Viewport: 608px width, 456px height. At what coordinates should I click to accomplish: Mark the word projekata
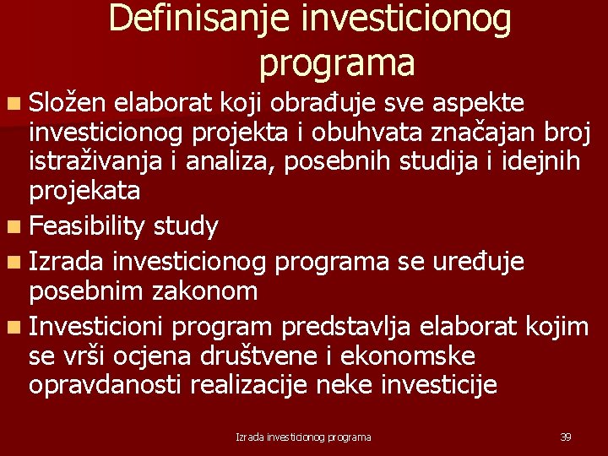(84, 191)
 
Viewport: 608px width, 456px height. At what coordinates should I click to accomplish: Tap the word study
(183, 226)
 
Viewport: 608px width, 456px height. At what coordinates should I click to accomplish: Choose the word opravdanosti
(106, 385)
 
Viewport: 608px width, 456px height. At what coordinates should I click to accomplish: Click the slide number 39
(566, 437)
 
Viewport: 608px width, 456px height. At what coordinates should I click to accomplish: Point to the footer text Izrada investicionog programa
(303, 437)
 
